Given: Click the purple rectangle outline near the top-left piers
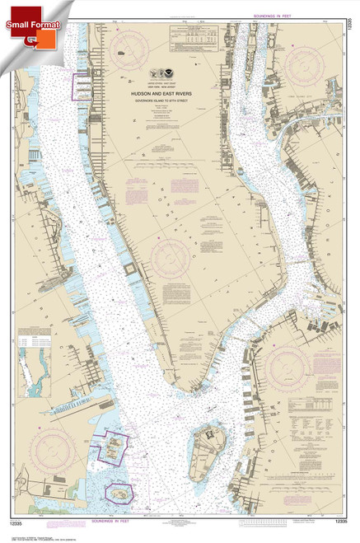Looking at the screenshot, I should tap(84, 87).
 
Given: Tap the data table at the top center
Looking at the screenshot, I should tap(193, 36).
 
